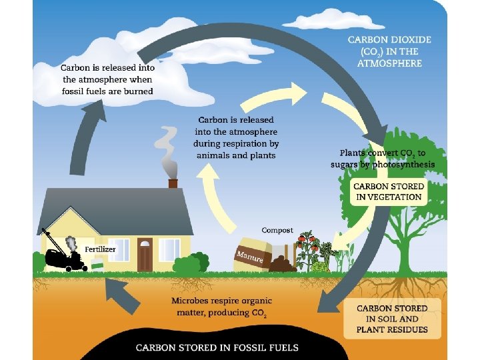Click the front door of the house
point(145,253)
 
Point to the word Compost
point(277,230)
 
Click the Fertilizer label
point(100,249)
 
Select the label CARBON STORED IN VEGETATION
point(387,191)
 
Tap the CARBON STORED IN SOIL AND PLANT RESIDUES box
point(392,319)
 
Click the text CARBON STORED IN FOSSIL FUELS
point(217,347)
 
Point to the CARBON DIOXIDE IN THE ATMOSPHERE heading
point(389,51)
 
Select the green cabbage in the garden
point(321,267)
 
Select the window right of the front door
point(169,249)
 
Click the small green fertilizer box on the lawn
point(97,265)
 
